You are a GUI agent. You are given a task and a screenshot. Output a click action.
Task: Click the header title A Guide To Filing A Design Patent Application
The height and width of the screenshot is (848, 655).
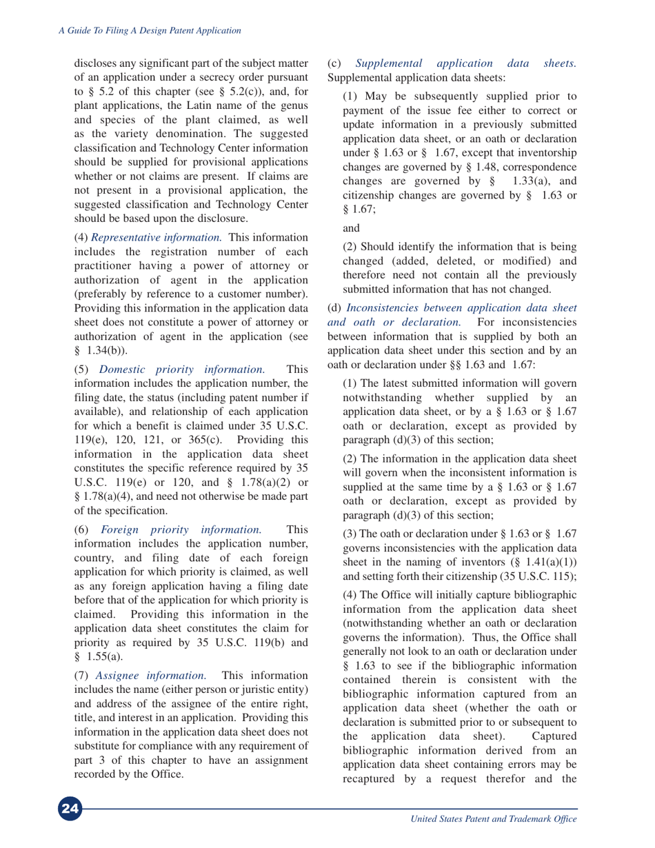coord(148,31)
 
